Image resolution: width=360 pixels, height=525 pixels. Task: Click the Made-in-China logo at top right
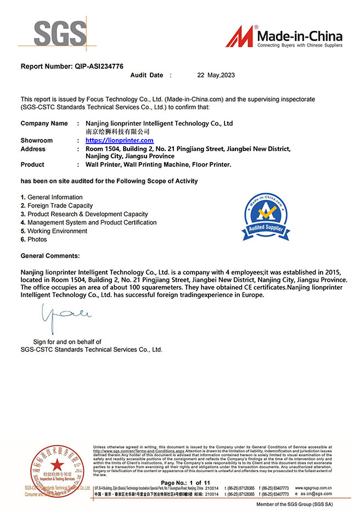tap(285, 37)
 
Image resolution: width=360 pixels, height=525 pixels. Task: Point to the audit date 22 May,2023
tap(216, 75)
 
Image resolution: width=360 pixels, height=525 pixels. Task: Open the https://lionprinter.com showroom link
tap(120, 141)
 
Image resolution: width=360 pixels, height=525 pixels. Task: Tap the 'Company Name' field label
tap(44, 124)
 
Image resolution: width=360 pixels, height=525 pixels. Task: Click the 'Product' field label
tap(32, 165)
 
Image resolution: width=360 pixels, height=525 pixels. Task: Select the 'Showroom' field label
tap(37, 141)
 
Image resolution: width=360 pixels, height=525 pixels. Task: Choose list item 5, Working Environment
tap(57, 231)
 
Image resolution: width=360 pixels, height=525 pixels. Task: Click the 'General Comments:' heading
tap(50, 256)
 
